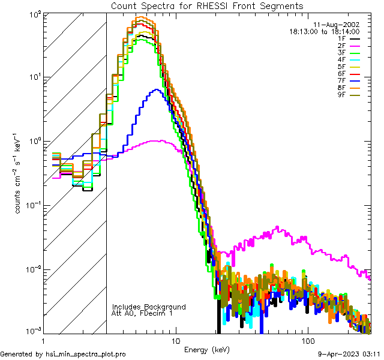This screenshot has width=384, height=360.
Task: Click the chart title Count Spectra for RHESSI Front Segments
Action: click(207, 5)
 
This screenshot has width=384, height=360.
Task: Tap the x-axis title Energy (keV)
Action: click(207, 349)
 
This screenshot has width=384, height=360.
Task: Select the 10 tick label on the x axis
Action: click(175, 341)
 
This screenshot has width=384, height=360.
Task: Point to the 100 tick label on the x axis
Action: click(307, 341)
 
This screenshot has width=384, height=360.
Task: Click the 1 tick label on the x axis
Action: click(44, 341)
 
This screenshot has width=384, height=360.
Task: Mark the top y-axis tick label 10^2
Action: click(33, 13)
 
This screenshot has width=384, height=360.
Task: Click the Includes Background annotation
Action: click(149, 307)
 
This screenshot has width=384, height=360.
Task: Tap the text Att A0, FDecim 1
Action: click(142, 313)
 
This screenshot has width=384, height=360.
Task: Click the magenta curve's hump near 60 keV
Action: click(277, 228)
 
